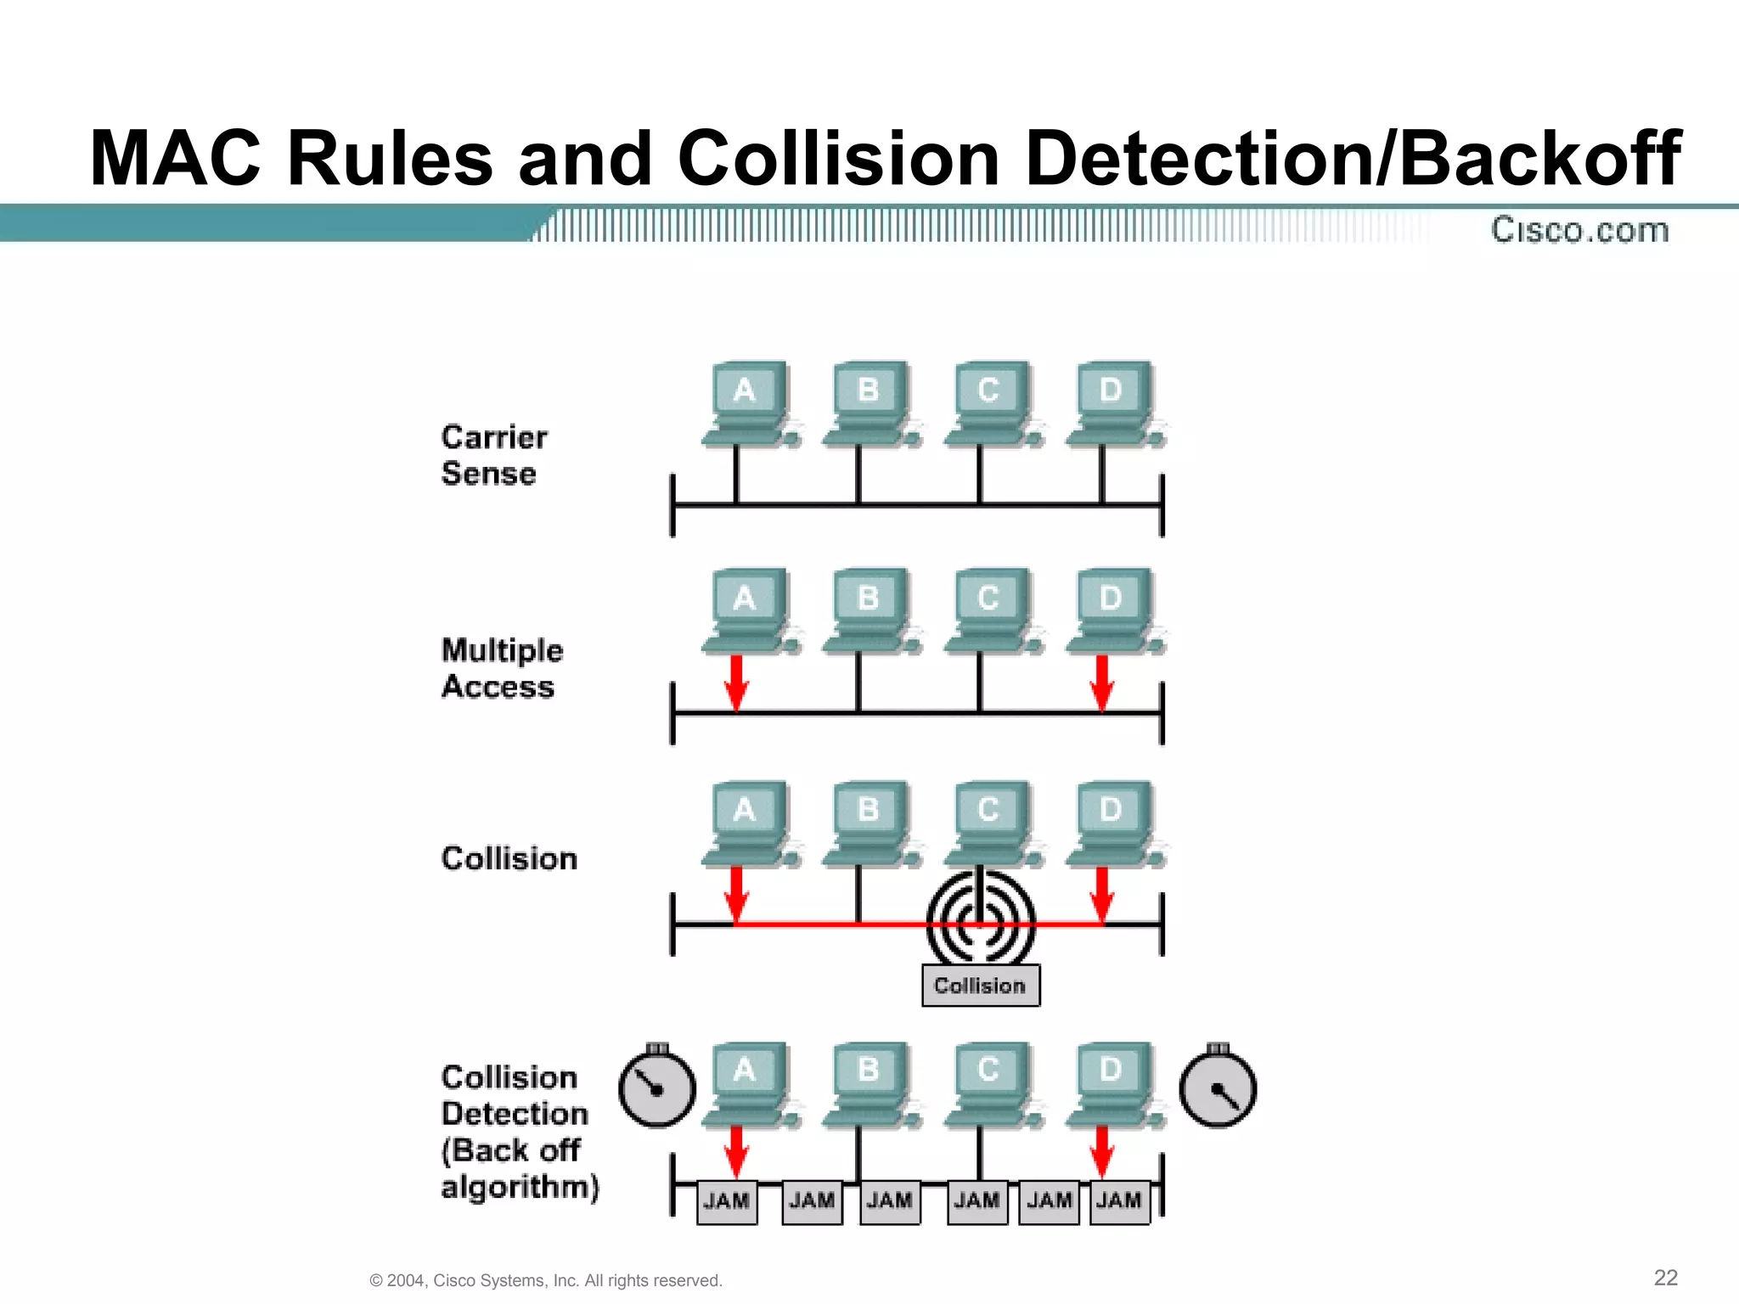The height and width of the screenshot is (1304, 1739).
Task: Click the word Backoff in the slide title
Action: tap(1539, 159)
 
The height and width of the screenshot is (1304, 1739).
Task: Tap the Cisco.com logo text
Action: tap(1580, 230)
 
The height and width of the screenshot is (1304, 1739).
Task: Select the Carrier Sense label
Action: tap(493, 455)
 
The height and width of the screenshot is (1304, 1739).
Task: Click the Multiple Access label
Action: tap(501, 668)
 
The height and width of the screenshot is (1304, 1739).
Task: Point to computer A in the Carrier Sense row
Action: tap(748, 404)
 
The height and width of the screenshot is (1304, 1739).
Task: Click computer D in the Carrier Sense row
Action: tap(1115, 404)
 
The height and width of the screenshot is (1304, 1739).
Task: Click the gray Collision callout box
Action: tap(981, 986)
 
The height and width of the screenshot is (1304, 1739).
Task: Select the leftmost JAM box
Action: tap(727, 1201)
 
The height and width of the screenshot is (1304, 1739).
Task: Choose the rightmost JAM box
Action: tap(1119, 1201)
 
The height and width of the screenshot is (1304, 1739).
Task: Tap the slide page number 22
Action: tap(1665, 1278)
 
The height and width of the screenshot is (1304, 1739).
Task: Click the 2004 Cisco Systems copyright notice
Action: tap(546, 1280)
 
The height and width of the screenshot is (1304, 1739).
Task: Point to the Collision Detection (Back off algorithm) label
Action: tap(518, 1132)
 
